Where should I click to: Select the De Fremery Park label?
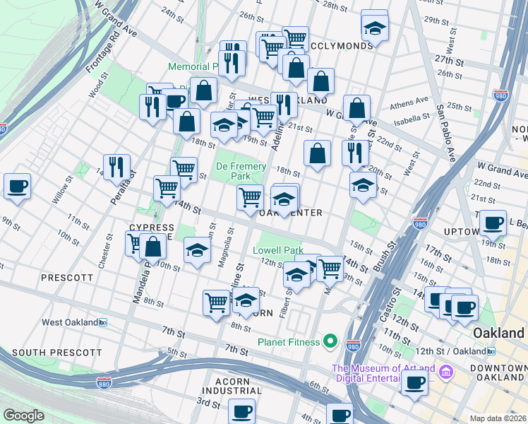pos(241,171)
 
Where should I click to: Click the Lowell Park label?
pos(278,250)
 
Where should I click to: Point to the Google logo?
pos(23,415)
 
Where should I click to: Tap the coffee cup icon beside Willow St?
pos(17,187)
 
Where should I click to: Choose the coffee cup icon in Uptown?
pos(493,223)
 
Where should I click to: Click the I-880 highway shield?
pos(103,382)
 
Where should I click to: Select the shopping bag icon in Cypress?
pos(152,247)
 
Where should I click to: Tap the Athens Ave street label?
pos(412,100)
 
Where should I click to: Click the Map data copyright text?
pos(498,418)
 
